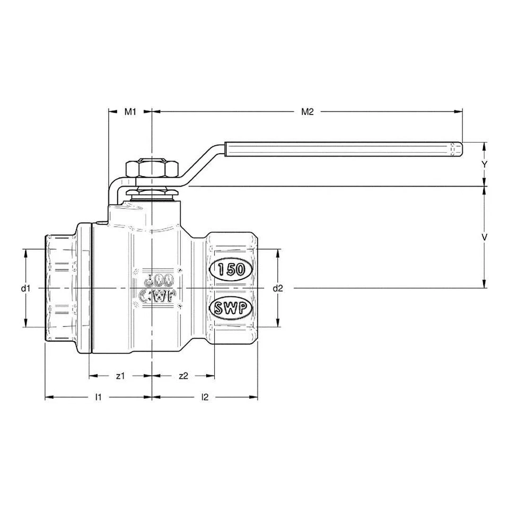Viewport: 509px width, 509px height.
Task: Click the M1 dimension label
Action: pyautogui.click(x=130, y=111)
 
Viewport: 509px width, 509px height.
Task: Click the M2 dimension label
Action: pyautogui.click(x=308, y=111)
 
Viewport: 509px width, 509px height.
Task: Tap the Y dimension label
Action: pyautogui.click(x=484, y=164)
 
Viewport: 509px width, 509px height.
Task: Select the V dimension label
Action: pyautogui.click(x=484, y=238)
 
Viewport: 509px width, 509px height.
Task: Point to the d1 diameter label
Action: pyautogui.click(x=24, y=288)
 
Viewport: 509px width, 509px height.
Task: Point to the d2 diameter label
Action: pyautogui.click(x=278, y=288)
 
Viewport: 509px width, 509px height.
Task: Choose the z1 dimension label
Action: pyautogui.click(x=120, y=375)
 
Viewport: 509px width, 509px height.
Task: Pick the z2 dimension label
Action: pyautogui.click(x=183, y=375)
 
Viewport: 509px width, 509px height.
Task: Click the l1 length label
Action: pyautogui.click(x=98, y=397)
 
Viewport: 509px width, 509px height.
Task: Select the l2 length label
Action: pyautogui.click(x=205, y=397)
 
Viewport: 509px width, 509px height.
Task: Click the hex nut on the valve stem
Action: pyautogui.click(x=152, y=169)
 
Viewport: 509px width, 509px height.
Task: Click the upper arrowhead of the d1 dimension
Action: pyautogui.click(x=25, y=252)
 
